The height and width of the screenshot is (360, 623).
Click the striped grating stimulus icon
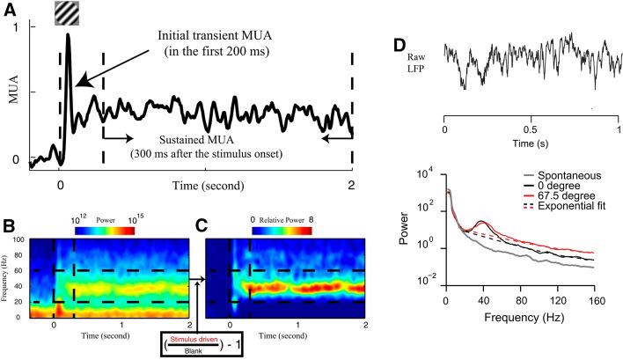click(x=67, y=11)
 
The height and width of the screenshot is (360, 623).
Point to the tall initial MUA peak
click(x=68, y=37)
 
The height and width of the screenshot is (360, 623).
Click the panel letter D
click(x=399, y=43)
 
